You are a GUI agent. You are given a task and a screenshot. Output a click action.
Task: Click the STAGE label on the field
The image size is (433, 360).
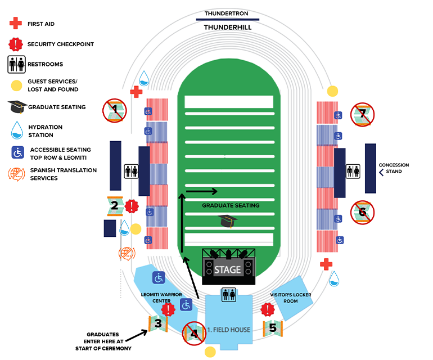[227, 270]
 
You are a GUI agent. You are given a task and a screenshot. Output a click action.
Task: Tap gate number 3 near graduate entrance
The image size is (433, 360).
[158, 323]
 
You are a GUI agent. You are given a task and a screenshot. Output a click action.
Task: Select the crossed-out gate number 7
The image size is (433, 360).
[363, 114]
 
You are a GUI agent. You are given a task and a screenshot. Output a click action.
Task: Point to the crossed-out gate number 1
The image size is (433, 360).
[115, 109]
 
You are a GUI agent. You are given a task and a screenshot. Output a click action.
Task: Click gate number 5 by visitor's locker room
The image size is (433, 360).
[273, 327]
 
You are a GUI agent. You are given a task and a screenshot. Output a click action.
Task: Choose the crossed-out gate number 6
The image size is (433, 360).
[363, 212]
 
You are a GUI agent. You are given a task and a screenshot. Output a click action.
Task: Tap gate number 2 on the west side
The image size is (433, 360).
[115, 205]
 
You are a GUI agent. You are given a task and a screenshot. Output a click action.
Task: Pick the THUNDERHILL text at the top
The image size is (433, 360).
[226, 27]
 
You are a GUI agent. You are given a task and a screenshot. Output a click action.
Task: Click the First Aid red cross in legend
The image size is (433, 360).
[16, 24]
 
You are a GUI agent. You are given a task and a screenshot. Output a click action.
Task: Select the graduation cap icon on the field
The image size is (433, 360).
[226, 221]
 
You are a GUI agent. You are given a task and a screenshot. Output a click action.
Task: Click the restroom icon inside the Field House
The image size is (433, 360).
[229, 295]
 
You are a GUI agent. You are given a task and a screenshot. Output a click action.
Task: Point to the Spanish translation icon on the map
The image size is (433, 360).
[127, 254]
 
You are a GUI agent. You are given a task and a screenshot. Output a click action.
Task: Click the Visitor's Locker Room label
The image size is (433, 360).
[290, 298]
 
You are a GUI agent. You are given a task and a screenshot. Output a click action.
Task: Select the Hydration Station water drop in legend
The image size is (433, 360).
[16, 131]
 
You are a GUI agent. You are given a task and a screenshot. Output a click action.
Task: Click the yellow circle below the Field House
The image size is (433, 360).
[210, 352]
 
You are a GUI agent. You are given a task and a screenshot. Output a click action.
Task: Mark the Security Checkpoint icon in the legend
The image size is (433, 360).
[16, 44]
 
